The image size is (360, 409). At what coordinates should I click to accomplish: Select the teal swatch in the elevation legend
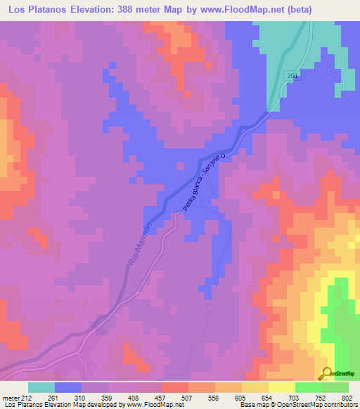(x=41, y=387)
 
